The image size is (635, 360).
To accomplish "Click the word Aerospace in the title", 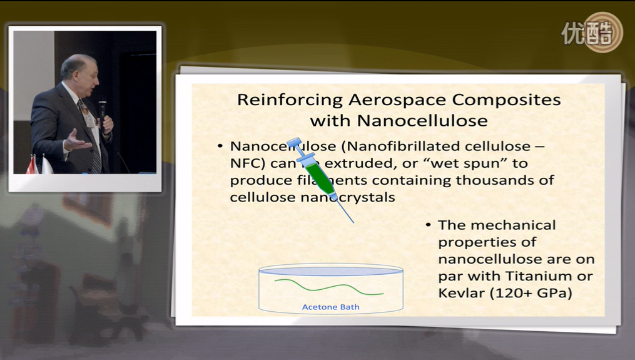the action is point(397,100).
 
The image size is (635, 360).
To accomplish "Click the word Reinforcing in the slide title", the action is point(290,100).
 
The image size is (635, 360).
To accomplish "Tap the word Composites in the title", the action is point(506,100).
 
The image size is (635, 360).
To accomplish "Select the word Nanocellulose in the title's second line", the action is point(422,120).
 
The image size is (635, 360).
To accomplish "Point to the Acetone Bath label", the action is point(330,307).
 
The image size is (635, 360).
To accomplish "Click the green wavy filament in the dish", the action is point(329,287).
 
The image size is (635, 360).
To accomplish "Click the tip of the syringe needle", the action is point(353,222).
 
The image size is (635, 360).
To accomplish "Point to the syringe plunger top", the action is point(294,142).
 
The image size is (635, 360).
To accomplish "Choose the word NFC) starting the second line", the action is point(248,163).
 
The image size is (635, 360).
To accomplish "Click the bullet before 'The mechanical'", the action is point(429,225).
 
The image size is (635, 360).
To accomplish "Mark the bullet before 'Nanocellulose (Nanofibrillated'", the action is point(220,146).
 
